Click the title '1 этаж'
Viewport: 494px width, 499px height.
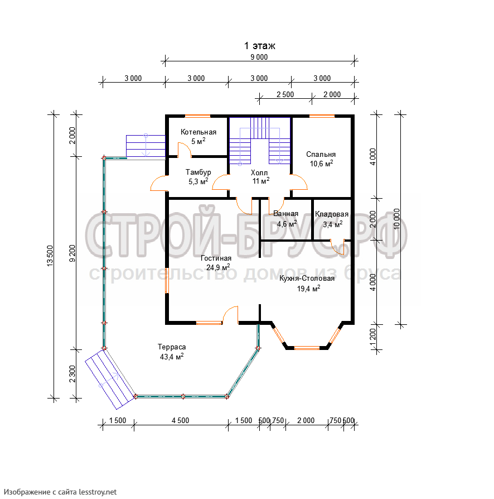coord(259,46)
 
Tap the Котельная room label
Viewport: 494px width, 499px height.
coord(198,132)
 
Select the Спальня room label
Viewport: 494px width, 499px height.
coord(321,155)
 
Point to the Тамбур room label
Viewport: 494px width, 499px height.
coord(198,172)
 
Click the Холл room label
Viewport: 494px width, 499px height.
coord(259,173)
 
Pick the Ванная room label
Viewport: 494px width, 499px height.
coord(286,214)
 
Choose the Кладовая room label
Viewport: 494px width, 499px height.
coord(332,214)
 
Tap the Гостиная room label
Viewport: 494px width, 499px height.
coord(216,258)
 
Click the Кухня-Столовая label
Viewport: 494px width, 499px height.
coord(307,279)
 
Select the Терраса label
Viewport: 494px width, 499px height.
coord(172,347)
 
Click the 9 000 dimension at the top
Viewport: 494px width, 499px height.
coord(259,57)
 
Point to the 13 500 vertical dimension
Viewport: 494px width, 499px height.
coord(50,256)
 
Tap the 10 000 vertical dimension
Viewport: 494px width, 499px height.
coord(396,219)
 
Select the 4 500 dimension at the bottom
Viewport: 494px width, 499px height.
coord(180,421)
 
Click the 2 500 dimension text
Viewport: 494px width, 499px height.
coord(285,94)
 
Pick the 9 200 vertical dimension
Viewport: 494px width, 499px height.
coord(72,253)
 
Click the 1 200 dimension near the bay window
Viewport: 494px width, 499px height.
coord(373,334)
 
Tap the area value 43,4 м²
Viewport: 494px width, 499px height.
coord(172,357)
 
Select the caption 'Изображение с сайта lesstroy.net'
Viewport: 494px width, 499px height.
coord(60,492)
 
